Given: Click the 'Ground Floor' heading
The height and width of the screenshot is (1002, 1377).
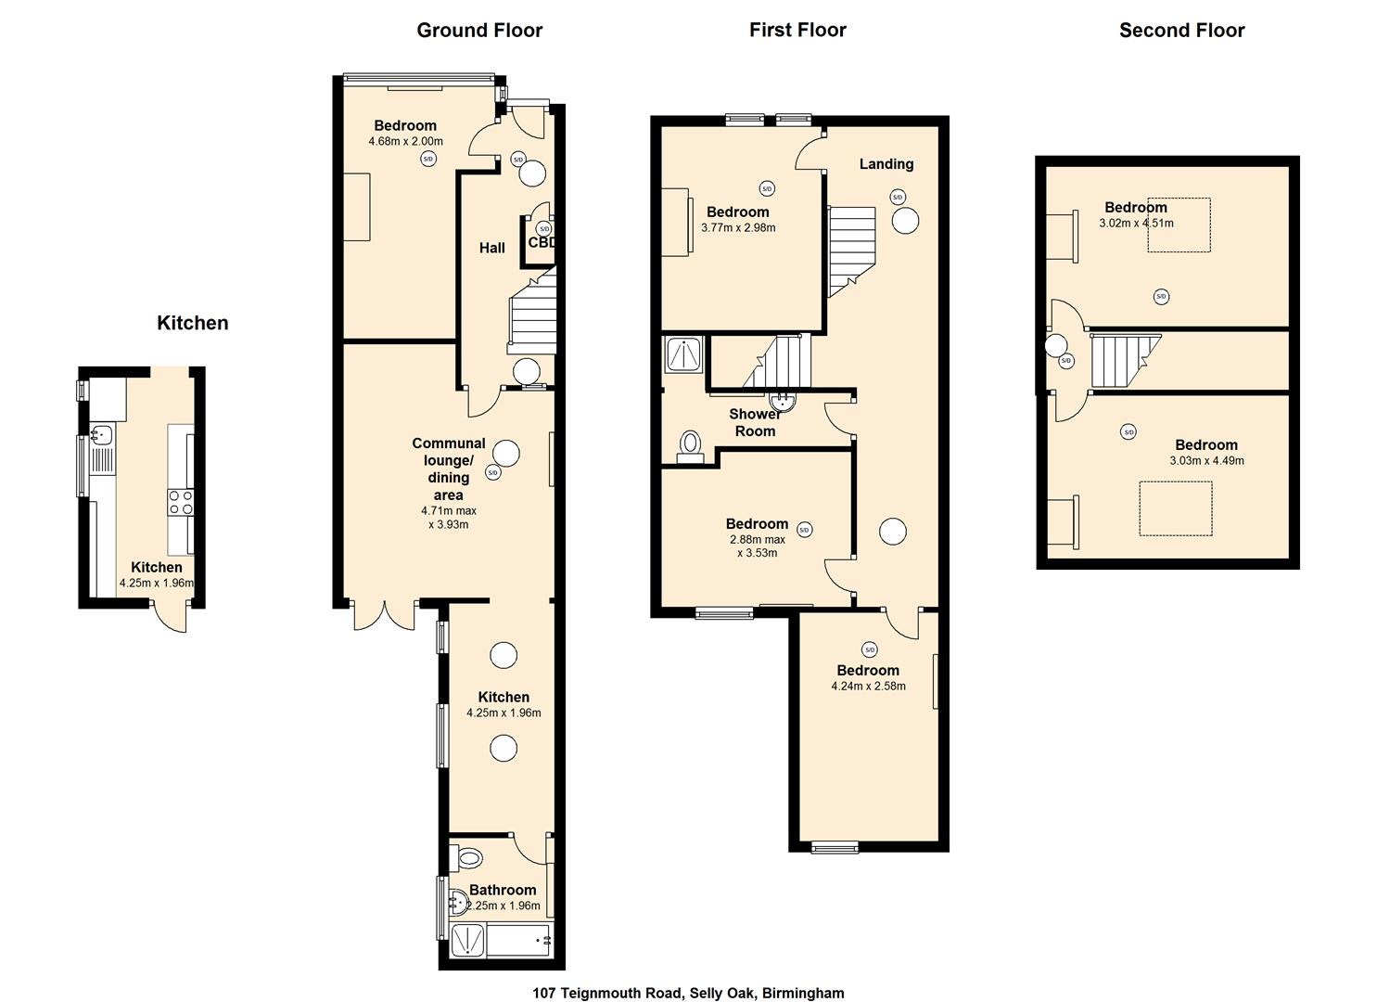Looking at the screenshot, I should click(479, 31).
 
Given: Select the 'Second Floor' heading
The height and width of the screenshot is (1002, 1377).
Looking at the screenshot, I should click(1181, 31).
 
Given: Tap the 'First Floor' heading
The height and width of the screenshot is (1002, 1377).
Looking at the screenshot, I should click(797, 31).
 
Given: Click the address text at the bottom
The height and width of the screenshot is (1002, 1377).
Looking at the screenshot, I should click(688, 993).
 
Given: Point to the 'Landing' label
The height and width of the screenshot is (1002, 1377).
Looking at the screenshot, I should click(886, 164).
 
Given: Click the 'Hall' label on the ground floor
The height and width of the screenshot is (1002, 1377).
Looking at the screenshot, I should click(492, 248).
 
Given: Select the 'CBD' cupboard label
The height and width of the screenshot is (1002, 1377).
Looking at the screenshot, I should click(542, 242).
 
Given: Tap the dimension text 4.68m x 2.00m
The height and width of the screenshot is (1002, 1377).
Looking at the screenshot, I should click(405, 142).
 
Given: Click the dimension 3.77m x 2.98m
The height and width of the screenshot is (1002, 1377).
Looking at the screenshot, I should click(738, 227).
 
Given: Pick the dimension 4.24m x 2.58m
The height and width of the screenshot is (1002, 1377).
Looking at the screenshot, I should click(868, 687).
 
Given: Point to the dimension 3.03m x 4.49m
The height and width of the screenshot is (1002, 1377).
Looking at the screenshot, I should click(1206, 460).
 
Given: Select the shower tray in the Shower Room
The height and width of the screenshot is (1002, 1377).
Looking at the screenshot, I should click(683, 354).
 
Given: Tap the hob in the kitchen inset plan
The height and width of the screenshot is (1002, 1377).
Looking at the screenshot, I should click(181, 503).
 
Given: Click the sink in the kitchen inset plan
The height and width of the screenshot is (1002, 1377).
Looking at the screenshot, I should click(102, 433).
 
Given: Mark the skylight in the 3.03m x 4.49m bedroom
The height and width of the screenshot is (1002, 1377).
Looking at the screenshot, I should click(1175, 508).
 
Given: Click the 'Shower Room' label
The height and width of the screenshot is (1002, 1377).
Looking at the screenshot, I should click(755, 422).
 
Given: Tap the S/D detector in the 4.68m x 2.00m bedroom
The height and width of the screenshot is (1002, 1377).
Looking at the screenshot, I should click(427, 160).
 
